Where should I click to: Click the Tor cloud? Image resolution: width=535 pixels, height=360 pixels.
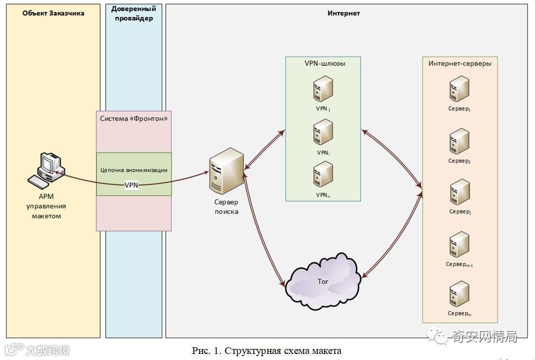click(x=324, y=282)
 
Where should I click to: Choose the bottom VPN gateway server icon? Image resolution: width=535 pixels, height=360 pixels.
click(x=323, y=175)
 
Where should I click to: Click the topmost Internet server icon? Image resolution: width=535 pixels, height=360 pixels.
click(x=459, y=88)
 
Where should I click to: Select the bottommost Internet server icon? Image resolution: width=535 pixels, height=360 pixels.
click(x=459, y=294)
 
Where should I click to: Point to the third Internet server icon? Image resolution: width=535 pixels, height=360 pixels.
click(x=459, y=192)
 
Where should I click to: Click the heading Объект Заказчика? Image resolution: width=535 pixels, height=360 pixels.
click(x=53, y=13)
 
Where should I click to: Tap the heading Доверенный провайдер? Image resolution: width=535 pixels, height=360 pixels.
click(x=133, y=14)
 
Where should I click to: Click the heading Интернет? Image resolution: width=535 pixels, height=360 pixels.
click(x=343, y=13)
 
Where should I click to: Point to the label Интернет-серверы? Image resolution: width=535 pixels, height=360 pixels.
click(x=460, y=63)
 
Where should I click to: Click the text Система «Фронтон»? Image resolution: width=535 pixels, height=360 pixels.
click(x=134, y=118)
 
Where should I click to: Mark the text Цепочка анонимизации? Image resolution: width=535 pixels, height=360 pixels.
click(x=134, y=170)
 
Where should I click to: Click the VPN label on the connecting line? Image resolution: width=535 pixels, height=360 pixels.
click(x=132, y=185)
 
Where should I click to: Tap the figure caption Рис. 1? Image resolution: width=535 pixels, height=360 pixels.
click(x=267, y=351)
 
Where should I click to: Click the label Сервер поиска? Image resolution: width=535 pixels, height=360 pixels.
click(x=226, y=207)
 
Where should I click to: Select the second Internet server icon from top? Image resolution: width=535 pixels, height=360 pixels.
click(x=459, y=141)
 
